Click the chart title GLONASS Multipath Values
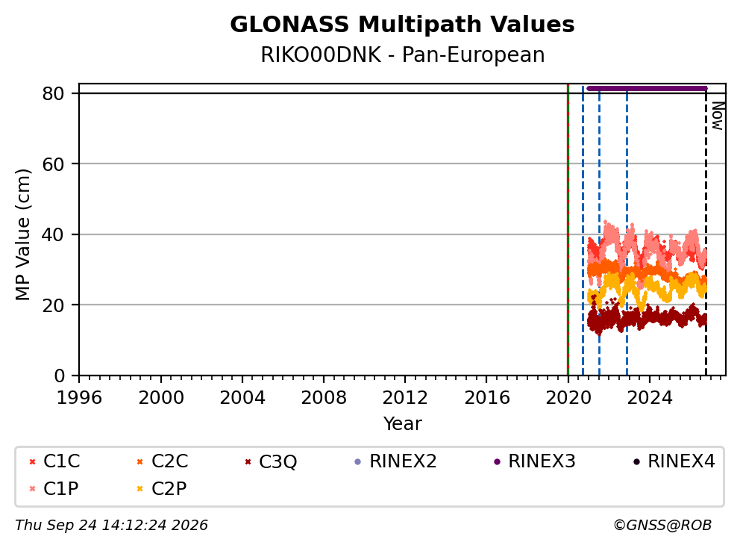(402, 25)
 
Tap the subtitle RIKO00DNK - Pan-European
(403, 55)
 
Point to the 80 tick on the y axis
(53, 93)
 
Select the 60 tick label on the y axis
(53, 164)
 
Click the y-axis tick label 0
(59, 376)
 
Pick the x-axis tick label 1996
(79, 398)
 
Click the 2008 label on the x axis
(324, 398)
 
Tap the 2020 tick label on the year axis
(568, 398)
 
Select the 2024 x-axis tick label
(650, 398)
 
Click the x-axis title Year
(403, 424)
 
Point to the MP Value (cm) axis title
(22, 234)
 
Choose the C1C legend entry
(54, 461)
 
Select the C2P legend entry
(161, 488)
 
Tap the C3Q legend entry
(271, 461)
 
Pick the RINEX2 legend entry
(395, 461)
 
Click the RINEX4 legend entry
(674, 461)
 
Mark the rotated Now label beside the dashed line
(718, 116)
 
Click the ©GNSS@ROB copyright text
(662, 525)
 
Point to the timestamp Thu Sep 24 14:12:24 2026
(111, 525)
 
